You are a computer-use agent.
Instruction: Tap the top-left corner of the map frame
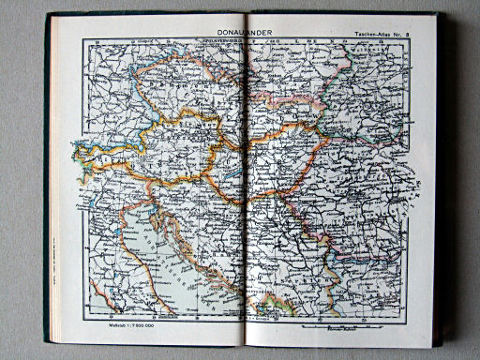pyautogui.click(x=82, y=39)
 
